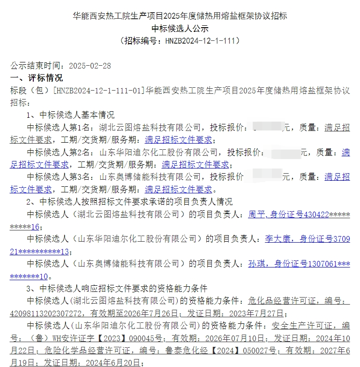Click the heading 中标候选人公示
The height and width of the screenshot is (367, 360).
[x=180, y=28]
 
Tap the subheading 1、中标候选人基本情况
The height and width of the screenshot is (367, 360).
[x=70, y=115]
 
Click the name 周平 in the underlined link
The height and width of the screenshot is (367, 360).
[x=256, y=214]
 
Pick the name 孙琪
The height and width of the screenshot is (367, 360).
[x=256, y=264]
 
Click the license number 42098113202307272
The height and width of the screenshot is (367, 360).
[x=46, y=313]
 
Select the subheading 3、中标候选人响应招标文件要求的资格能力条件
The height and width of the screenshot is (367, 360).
[x=117, y=288]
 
